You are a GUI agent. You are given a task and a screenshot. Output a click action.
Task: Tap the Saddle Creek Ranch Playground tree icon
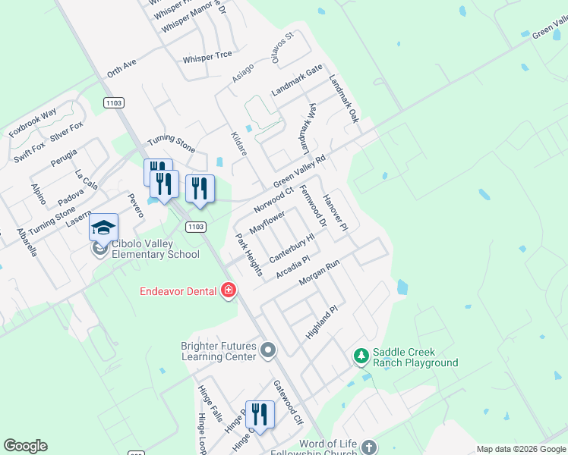coord(362,355)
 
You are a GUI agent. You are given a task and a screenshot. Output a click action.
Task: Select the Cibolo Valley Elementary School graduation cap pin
coord(103,227)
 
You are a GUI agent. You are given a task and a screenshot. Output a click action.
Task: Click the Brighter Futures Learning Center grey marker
coord(267,350)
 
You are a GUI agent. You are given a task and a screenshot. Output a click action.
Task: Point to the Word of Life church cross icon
coord(369,447)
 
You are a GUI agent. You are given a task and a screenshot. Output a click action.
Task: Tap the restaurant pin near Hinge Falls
coord(260,416)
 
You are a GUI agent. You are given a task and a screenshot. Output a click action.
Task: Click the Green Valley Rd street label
coord(299,172)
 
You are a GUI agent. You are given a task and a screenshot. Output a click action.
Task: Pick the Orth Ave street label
coord(121,68)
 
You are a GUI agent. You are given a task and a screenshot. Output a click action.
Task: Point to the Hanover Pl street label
coord(335,212)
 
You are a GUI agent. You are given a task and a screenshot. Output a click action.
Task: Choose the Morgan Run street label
coord(318,274)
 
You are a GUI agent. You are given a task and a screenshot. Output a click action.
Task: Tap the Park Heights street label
coord(249,255)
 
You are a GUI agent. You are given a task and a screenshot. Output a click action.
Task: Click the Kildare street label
coord(239,144)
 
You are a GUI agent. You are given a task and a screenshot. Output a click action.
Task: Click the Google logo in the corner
coord(25,446)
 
